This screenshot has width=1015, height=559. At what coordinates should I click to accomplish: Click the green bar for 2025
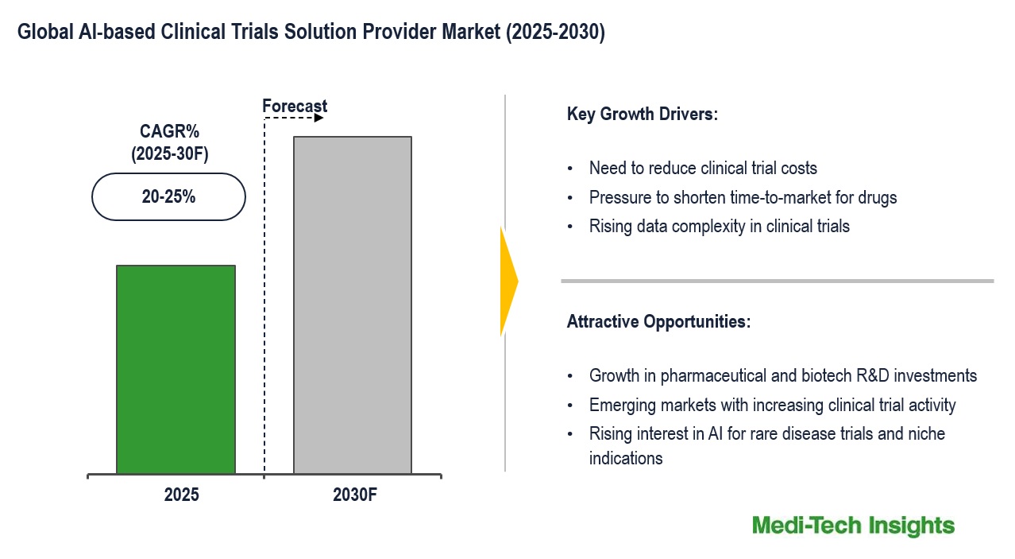[176, 370]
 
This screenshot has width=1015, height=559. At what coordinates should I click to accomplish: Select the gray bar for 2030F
[352, 305]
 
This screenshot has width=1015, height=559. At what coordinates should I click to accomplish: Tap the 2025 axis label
[182, 495]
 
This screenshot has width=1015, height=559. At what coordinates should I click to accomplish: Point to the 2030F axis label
[355, 495]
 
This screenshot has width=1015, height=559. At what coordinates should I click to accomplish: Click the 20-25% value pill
[168, 196]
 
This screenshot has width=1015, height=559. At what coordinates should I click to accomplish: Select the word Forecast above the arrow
[295, 106]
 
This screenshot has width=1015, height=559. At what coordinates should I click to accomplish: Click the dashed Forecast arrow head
[318, 118]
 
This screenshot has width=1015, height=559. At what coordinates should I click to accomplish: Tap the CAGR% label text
[169, 132]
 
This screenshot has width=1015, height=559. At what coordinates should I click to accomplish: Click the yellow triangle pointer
[508, 281]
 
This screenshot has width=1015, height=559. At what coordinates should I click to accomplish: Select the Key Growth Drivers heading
[642, 114]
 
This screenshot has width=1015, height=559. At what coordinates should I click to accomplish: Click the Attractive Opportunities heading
[658, 322]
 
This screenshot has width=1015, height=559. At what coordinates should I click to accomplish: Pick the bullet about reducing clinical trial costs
[702, 168]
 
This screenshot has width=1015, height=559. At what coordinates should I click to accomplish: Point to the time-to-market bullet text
[742, 197]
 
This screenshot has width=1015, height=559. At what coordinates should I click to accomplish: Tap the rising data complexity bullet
[719, 227]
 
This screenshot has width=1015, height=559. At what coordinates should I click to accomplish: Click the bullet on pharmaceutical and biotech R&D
[782, 375]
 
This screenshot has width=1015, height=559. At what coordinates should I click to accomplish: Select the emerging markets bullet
[772, 405]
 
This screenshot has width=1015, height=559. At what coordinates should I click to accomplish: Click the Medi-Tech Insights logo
[853, 526]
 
